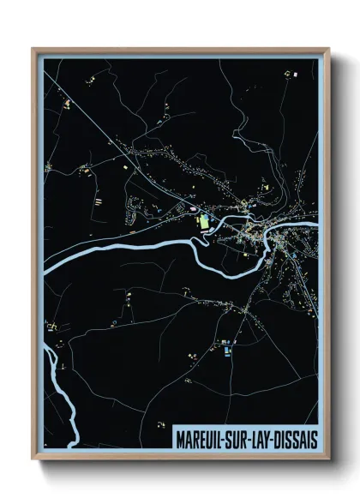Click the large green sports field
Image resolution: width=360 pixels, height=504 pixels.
tap(204, 222)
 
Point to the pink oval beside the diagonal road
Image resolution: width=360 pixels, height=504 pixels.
tap(195, 206)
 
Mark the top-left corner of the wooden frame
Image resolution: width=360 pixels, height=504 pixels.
tap(33, 49)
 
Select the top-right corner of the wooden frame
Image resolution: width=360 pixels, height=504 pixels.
tap(328, 49)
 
